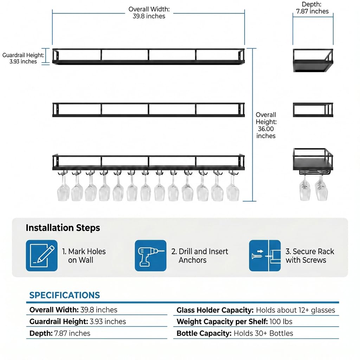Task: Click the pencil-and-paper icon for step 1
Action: point(41,256)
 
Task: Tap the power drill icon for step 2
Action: point(150,256)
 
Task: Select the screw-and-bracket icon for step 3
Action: point(265,256)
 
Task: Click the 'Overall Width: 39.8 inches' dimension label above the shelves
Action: point(149,13)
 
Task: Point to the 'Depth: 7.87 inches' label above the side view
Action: point(312,8)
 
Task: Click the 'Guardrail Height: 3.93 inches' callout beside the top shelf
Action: point(23,58)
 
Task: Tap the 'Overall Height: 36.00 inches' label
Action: point(266,126)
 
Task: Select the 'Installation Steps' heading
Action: point(63,228)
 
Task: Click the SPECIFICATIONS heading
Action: point(65,295)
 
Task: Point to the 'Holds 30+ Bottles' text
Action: point(263,333)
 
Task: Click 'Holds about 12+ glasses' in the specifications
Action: point(295,310)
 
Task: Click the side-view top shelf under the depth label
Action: point(313,60)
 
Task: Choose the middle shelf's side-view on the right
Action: point(313,110)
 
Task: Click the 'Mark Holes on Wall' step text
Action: point(84,256)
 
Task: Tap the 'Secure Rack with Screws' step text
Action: point(310,256)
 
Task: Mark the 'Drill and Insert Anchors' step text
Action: point(200,256)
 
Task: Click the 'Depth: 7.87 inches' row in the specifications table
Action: point(60,333)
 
